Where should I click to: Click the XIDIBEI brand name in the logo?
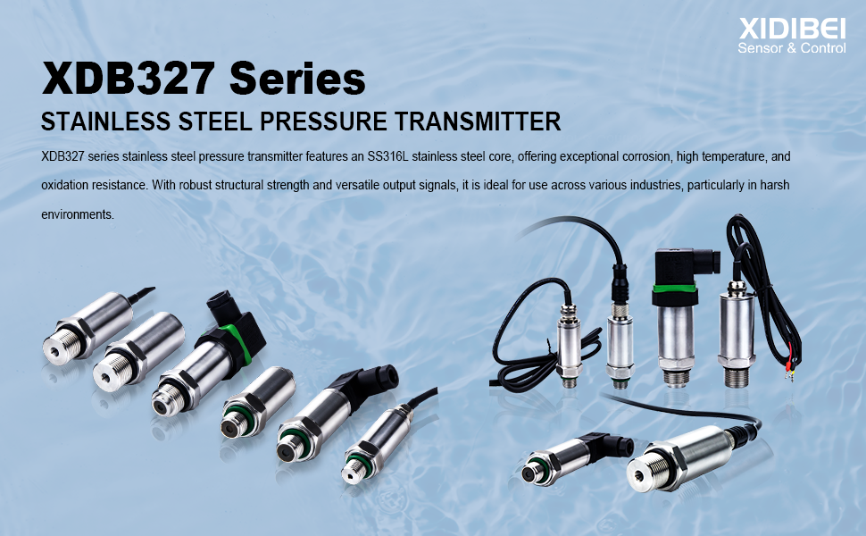click(791, 29)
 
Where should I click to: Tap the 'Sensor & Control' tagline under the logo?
click(791, 48)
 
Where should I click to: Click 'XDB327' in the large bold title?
click(129, 80)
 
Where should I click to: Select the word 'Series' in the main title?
click(297, 80)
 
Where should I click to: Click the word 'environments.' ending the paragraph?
click(78, 215)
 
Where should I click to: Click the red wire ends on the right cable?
click(791, 367)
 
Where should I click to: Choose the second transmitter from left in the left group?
click(134, 348)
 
